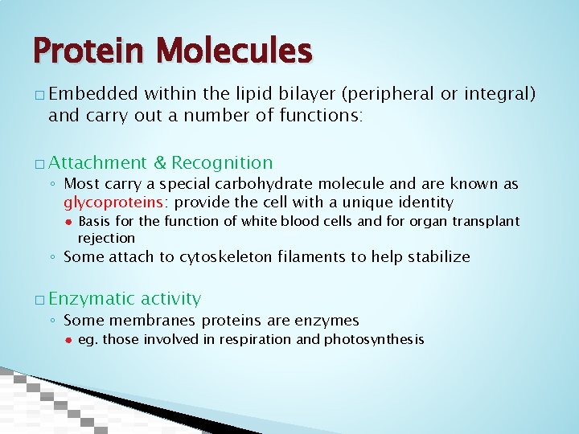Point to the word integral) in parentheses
click(x=499, y=94)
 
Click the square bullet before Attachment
click(x=40, y=164)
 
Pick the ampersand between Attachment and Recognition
click(x=159, y=163)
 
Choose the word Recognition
click(x=222, y=163)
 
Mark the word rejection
click(x=106, y=238)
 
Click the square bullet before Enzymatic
click(x=40, y=300)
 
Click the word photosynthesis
click(x=374, y=339)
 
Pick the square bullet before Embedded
click(x=40, y=96)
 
